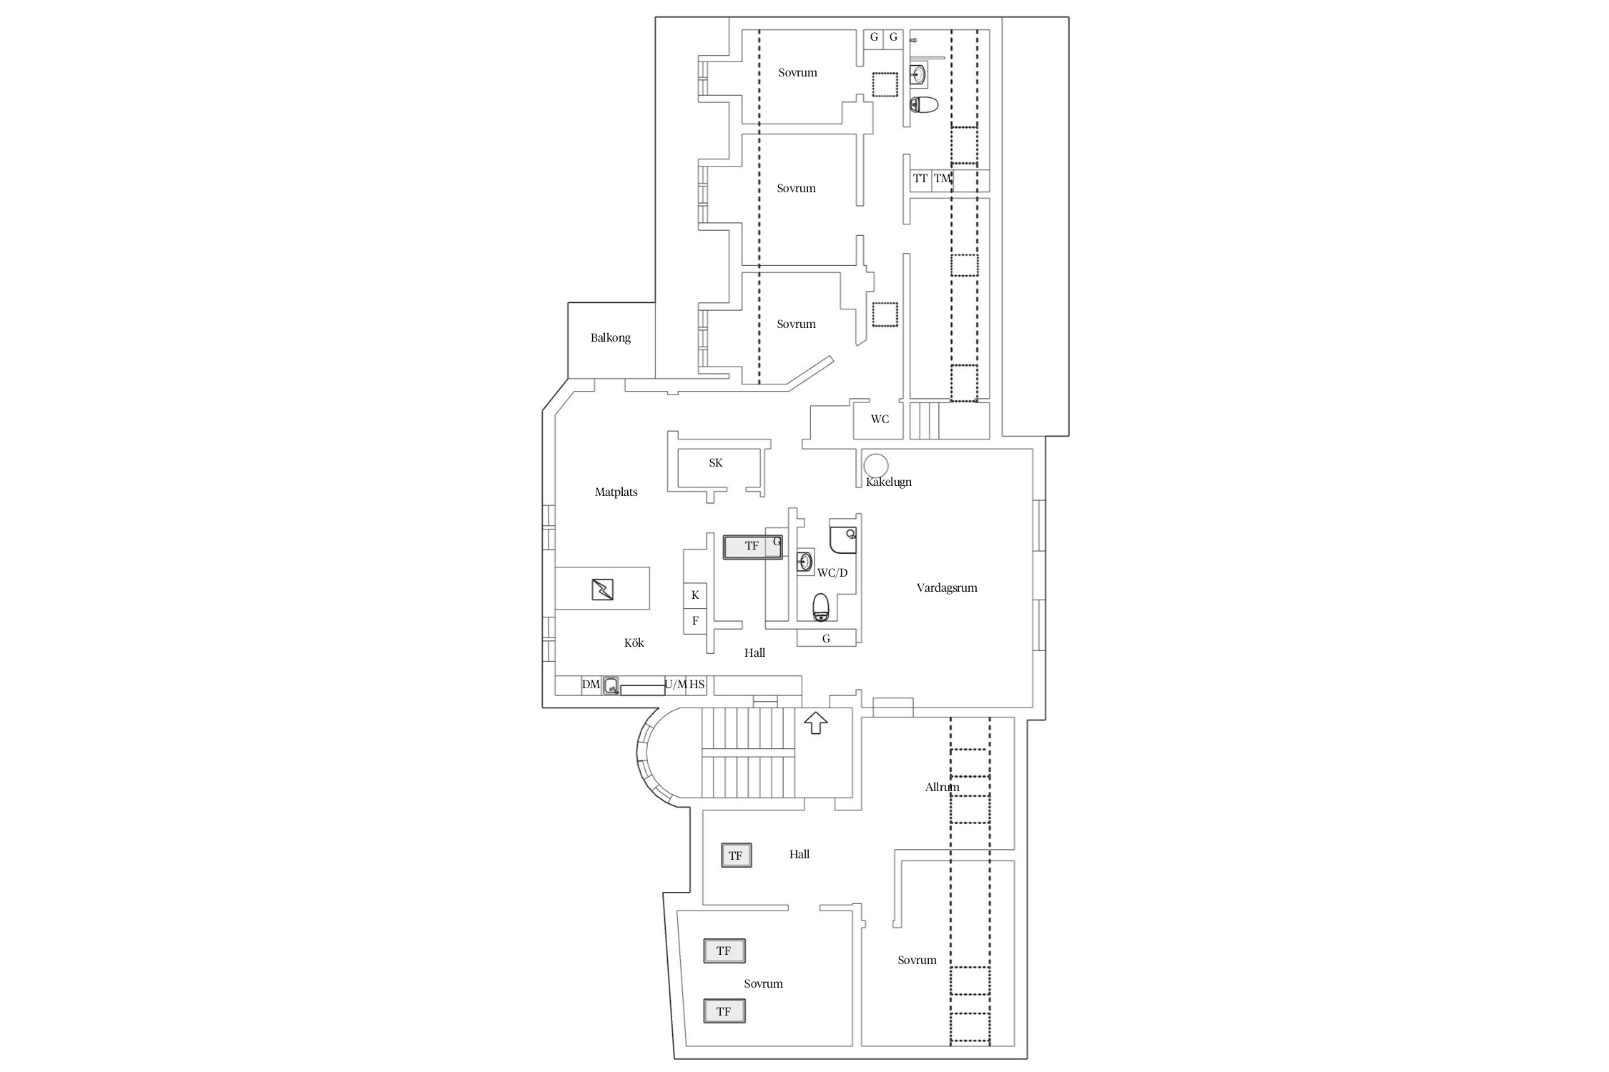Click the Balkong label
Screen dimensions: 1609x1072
610,338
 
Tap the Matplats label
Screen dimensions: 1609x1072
616,492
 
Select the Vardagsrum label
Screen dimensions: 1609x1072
947,587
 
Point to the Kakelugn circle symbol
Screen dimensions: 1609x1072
876,465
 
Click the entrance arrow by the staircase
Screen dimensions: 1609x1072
816,723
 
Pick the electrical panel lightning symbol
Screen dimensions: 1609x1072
602,590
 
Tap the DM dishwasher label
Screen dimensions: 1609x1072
591,685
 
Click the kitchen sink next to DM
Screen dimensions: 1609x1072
611,686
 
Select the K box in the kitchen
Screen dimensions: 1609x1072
695,595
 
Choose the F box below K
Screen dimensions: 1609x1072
695,620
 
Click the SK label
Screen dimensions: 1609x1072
716,463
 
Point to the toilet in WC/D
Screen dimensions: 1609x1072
821,607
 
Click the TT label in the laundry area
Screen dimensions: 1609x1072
920,179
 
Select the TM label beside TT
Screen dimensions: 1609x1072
943,179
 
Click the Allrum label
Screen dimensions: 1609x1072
942,787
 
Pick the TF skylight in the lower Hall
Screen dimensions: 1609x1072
736,855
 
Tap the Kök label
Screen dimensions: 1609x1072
634,643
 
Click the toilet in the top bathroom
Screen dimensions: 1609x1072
924,105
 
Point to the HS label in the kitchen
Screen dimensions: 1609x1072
697,685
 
